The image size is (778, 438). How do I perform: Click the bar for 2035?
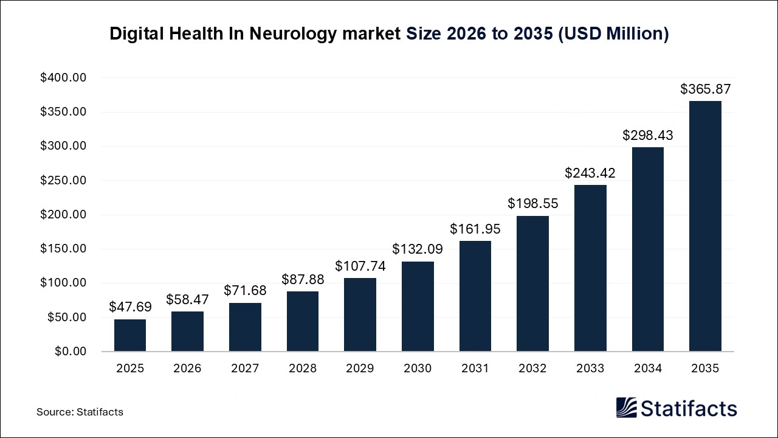click(x=705, y=226)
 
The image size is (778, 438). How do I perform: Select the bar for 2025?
click(x=130, y=335)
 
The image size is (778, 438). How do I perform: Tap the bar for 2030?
click(x=418, y=307)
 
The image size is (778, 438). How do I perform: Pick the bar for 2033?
click(x=590, y=268)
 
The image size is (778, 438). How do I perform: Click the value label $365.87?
click(x=705, y=89)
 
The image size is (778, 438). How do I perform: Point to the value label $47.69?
click(x=130, y=307)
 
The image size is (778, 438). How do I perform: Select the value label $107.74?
click(x=360, y=266)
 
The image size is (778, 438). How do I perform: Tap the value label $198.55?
click(x=532, y=204)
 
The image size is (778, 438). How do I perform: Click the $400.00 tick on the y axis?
click(x=63, y=78)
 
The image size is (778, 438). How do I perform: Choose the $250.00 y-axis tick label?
click(x=63, y=181)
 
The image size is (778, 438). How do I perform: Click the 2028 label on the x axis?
click(x=303, y=369)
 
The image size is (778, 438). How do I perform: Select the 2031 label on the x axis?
click(x=475, y=369)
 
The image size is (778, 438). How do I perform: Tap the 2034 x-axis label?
click(x=647, y=369)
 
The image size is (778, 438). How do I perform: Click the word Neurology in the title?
click(x=289, y=34)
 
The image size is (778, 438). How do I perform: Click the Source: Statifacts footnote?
click(x=80, y=412)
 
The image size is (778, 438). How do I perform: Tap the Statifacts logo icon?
click(x=626, y=408)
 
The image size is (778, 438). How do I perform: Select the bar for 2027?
click(x=245, y=327)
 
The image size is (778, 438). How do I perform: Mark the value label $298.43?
click(x=647, y=136)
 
